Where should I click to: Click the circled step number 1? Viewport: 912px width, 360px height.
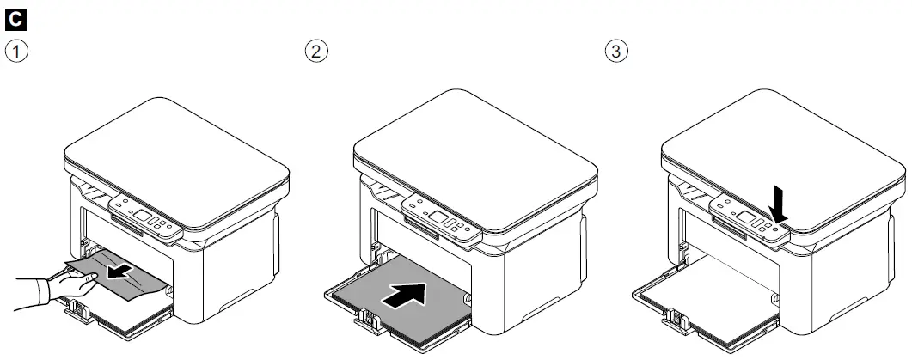15,50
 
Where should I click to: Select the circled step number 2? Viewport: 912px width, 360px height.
317,50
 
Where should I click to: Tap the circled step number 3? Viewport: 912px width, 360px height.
617,50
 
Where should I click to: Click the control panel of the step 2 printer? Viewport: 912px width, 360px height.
441,219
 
